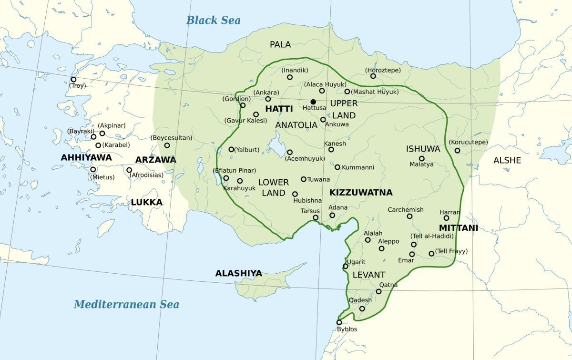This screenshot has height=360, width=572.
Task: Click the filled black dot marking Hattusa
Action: pyautogui.click(x=313, y=102)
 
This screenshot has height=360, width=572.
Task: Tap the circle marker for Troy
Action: pyautogui.click(x=73, y=80)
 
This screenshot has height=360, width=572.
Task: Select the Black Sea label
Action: pyautogui.click(x=213, y=20)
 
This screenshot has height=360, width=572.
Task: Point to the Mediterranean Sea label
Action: pyautogui.click(x=126, y=304)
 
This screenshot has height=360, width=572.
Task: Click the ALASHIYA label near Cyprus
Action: pyautogui.click(x=238, y=273)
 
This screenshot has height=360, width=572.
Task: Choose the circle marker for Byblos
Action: pyautogui.click(x=339, y=322)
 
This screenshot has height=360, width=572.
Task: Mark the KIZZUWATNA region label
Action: pyautogui.click(x=360, y=193)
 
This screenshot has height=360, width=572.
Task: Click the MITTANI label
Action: pyautogui.click(x=458, y=228)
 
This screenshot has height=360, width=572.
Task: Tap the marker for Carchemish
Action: pyautogui.click(x=409, y=216)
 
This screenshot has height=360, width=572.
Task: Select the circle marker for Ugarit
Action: pyautogui.click(x=346, y=266)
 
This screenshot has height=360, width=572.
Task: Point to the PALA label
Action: pyautogui.click(x=280, y=44)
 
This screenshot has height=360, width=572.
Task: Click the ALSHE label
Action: pyautogui.click(x=507, y=160)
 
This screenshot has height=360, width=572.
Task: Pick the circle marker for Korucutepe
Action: pyautogui.click(x=457, y=151)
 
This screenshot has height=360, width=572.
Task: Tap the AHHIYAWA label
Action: pyautogui.click(x=86, y=157)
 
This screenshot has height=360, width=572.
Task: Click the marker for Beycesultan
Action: pyautogui.click(x=167, y=145)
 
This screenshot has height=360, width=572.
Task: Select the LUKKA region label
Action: pyautogui.click(x=147, y=202)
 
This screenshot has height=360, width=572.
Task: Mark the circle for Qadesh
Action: pyautogui.click(x=362, y=309)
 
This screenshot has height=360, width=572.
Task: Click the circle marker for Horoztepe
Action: pyautogui.click(x=373, y=76)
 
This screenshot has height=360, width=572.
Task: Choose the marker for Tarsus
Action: pyautogui.click(x=316, y=218)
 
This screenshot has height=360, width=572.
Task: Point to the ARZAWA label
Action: pyautogui.click(x=155, y=160)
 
